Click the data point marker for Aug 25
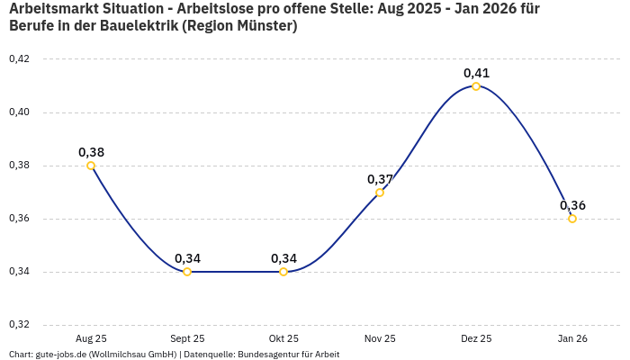pos(91,166)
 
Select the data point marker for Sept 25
pos(187,272)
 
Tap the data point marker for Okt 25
pos(283,272)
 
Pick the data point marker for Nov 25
pos(380,192)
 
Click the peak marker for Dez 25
pos(476,86)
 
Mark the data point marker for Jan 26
pos(572,219)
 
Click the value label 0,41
pos(476,72)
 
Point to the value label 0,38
pos(91,152)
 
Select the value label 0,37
pos(380,179)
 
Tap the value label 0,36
pos(572,205)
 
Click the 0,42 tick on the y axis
pos(19,59)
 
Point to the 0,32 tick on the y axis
pos(19,325)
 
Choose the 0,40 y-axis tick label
pos(19,112)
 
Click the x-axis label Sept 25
pos(187,338)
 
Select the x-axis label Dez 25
pos(476,338)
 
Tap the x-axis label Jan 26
pos(572,338)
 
